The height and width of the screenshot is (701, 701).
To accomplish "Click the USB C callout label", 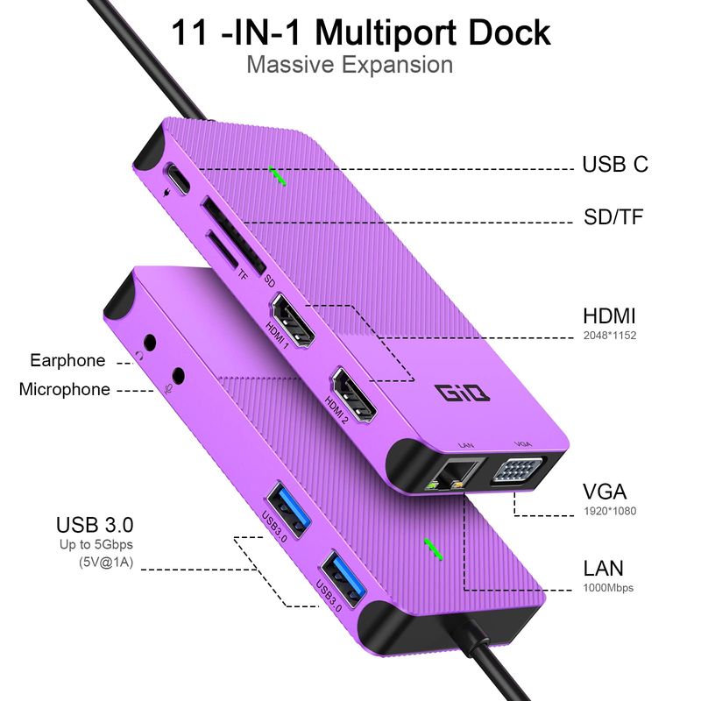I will click(x=615, y=164).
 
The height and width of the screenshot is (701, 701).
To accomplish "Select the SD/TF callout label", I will click(x=613, y=216).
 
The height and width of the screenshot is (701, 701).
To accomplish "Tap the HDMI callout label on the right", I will click(x=609, y=316).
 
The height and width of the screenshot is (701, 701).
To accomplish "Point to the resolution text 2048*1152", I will click(x=609, y=335).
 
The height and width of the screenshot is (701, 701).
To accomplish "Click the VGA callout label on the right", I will click(x=605, y=492).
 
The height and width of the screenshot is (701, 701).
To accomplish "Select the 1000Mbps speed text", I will click(x=608, y=588).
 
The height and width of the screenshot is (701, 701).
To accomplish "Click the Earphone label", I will click(x=67, y=360).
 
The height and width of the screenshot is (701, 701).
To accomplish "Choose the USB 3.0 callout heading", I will click(x=95, y=526).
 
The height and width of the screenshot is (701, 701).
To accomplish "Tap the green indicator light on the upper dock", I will click(x=279, y=174).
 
